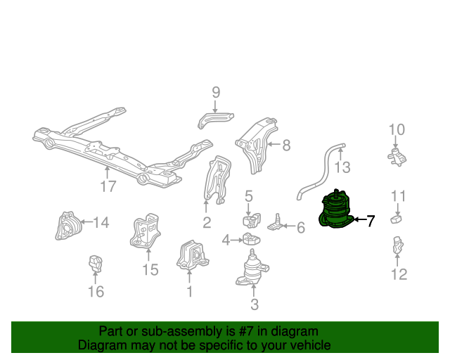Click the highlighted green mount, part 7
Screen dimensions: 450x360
tap(336, 210)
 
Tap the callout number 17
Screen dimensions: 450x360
tap(108, 186)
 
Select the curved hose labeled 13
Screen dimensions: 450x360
tap(321, 172)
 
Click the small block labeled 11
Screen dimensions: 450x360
tap(396, 219)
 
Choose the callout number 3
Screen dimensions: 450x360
tap(255, 304)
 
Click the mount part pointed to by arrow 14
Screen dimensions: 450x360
tap(68, 226)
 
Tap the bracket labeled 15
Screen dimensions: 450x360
tap(145, 231)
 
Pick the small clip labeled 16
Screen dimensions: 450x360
tap(96, 264)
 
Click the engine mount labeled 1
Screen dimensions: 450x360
tap(192, 255)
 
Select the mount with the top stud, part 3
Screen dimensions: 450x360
tap(252, 269)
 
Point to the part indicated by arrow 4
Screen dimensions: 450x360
tap(252, 239)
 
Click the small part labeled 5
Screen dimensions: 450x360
tap(252, 221)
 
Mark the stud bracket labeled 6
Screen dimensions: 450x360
tap(276, 223)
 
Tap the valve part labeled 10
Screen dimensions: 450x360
tap(397, 157)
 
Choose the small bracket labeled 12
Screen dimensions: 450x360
tap(398, 245)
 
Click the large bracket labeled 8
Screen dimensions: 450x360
tap(256, 145)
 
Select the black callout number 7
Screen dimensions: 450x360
tap(371, 221)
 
